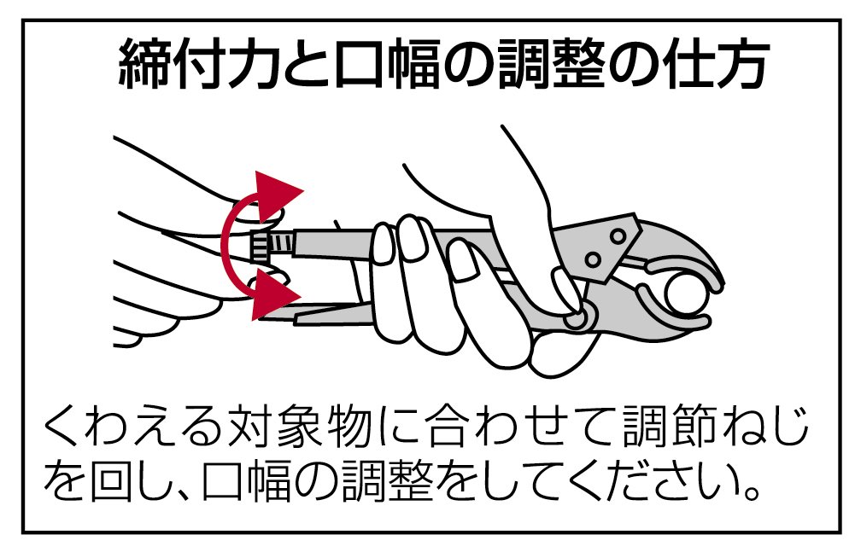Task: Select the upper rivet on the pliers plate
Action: click(x=618, y=236)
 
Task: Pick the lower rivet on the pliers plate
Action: click(x=593, y=259)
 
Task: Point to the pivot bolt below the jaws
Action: click(x=576, y=317)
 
